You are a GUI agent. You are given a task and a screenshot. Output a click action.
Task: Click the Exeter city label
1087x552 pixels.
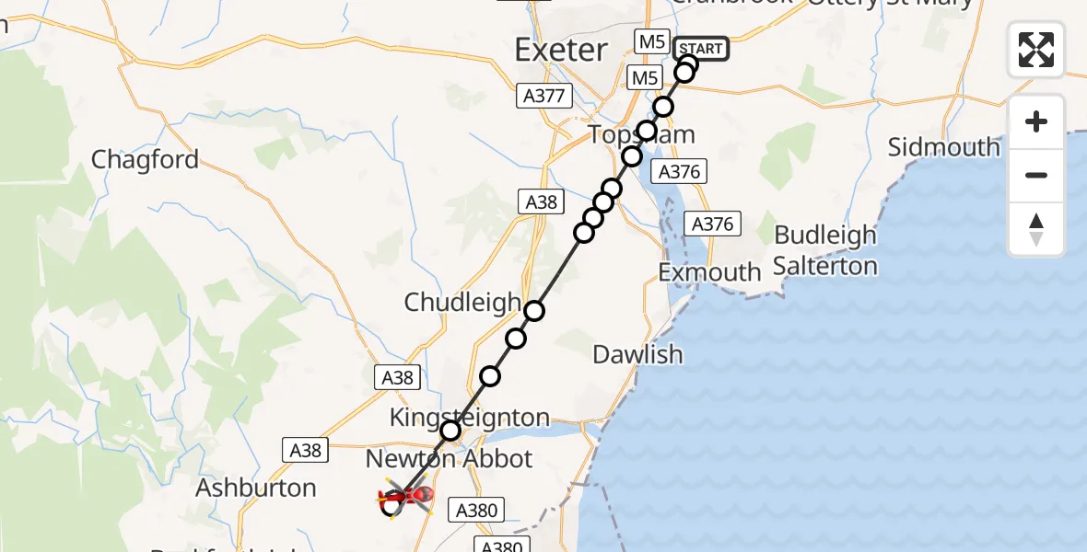point(561,50)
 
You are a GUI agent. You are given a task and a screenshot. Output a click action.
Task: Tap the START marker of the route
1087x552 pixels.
point(702,49)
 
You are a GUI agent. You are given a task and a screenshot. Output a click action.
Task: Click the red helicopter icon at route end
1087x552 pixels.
point(404,498)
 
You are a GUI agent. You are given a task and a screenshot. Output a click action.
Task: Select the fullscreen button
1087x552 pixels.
point(1036,50)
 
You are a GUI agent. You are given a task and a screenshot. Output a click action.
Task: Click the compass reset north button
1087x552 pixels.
point(1036,230)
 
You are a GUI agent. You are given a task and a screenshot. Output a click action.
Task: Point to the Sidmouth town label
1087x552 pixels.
point(943,147)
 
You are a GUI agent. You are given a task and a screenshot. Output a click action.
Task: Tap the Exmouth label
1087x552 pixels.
point(709,272)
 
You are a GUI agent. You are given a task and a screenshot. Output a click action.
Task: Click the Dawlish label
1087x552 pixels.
point(637,354)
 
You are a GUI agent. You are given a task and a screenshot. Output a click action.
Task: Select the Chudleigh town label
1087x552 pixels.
point(462,302)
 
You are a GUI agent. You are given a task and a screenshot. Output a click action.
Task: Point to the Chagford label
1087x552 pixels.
point(145,160)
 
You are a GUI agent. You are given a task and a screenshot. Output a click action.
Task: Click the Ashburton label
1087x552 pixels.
point(256,488)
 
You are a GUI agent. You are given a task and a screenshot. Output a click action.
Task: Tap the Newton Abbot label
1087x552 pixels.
point(450,458)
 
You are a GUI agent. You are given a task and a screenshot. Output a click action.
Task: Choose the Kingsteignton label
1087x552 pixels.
point(469,418)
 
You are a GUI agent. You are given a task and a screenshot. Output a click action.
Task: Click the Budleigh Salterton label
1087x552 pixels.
point(825,250)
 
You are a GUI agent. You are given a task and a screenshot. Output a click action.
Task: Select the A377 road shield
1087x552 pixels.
point(546,95)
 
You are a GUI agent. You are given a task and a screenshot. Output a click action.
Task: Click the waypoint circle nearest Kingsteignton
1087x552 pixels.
point(450,431)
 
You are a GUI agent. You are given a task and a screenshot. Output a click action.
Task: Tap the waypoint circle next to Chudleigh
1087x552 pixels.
point(534,311)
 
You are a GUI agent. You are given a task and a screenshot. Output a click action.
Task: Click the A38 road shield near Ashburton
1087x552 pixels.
point(306,450)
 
